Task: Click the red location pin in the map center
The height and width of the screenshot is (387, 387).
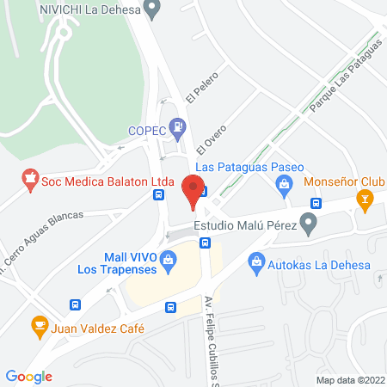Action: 193,190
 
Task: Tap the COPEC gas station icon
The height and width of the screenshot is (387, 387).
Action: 178,130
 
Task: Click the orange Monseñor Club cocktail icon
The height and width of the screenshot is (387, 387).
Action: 365,203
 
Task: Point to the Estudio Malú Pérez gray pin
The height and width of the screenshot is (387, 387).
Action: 311,225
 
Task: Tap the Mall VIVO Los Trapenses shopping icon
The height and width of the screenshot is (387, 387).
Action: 169,257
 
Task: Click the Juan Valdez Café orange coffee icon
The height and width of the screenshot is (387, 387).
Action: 39,326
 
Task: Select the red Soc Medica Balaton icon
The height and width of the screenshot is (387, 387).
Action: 30,181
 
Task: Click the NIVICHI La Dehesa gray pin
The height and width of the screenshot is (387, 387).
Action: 153,10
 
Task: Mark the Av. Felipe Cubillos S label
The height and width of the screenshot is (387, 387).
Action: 210,336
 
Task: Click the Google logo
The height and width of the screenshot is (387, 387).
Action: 29,376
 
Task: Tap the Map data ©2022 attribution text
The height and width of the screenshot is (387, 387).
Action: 349,379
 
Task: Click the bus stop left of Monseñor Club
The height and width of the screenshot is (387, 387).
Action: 316,203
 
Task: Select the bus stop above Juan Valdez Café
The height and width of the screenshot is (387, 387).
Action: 76,304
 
